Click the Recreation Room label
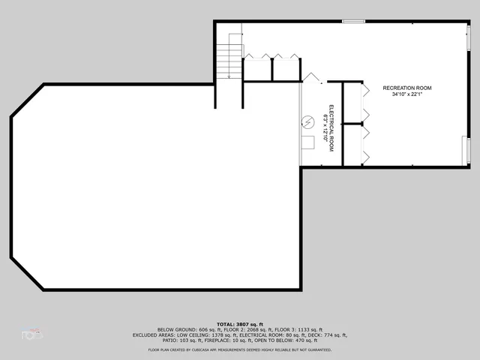point(407,88)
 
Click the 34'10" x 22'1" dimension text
point(407,94)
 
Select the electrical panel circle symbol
point(307,122)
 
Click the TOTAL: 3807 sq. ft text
point(240,323)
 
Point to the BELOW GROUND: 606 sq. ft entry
point(184,329)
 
